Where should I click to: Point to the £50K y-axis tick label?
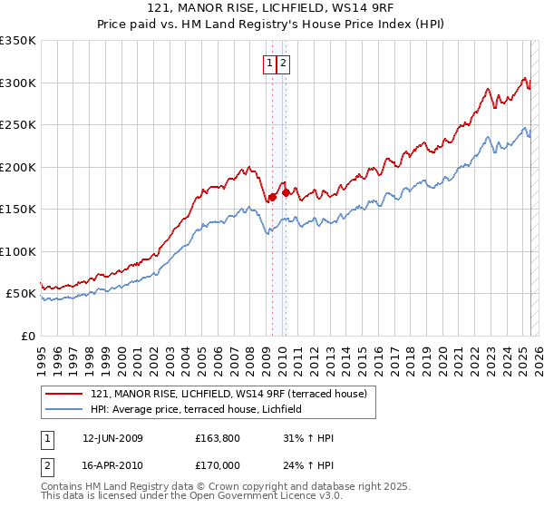22,294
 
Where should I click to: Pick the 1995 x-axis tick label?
42,355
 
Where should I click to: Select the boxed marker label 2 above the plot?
283,63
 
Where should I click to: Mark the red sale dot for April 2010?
286,192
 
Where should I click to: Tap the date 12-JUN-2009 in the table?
112,438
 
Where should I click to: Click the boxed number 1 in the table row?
47,438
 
